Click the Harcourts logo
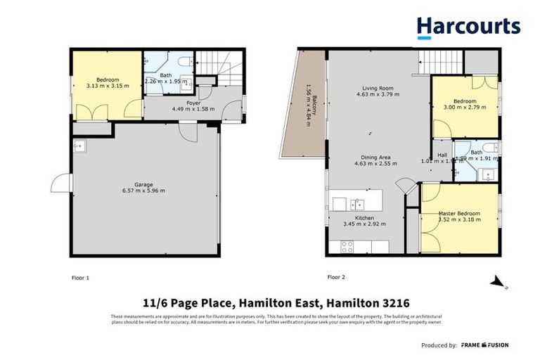468,27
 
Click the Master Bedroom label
459,213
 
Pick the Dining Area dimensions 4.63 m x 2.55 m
376,164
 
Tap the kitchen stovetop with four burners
347,246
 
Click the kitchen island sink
357,204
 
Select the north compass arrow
499,283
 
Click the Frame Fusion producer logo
484,345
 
